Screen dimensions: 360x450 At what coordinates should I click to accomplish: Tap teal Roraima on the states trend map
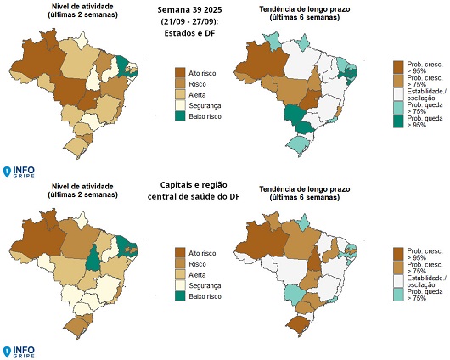tap(273, 40)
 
